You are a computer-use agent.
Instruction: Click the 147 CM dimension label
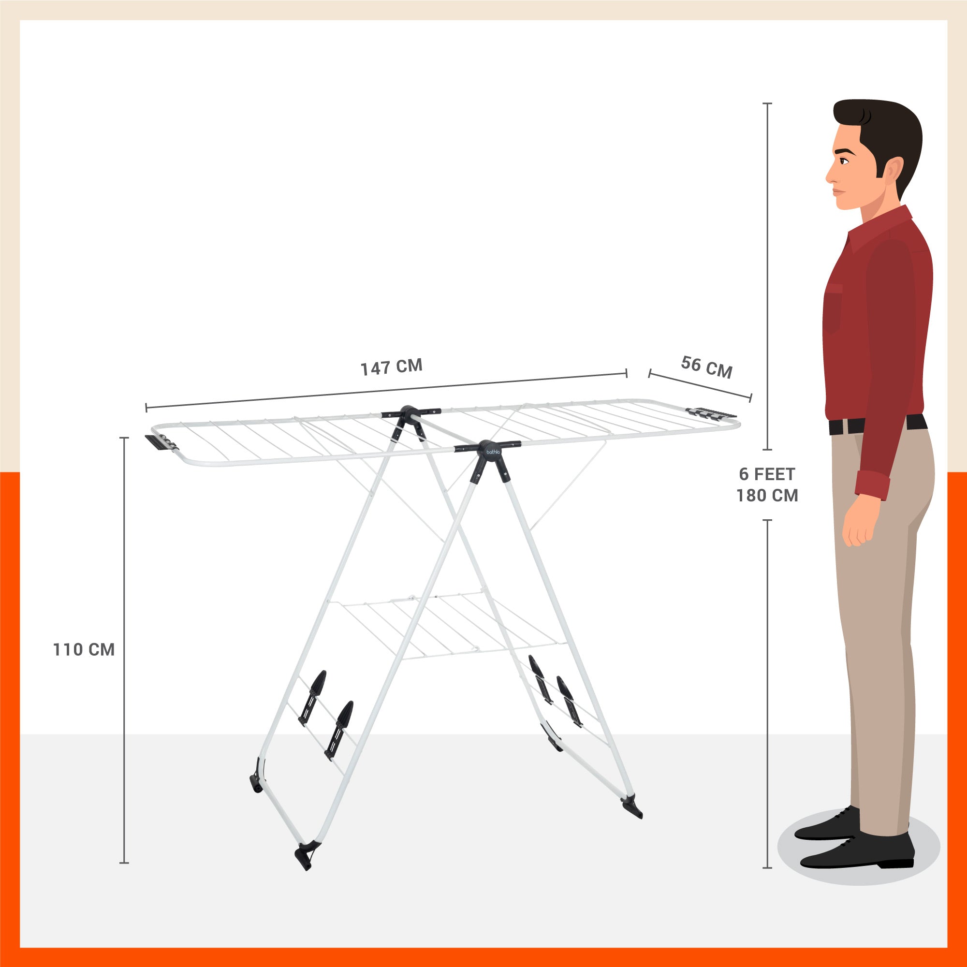pyautogui.click(x=392, y=367)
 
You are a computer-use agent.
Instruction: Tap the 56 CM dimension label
pyautogui.click(x=706, y=367)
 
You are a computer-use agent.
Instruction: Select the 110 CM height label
pyautogui.click(x=84, y=650)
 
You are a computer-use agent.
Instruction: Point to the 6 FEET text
pyautogui.click(x=767, y=474)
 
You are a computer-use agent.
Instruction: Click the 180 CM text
pyautogui.click(x=767, y=496)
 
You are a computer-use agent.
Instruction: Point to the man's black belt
pyautogui.click(x=878, y=424)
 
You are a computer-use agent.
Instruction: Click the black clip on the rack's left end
pyautogui.click(x=160, y=443)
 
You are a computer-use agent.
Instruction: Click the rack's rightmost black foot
pyautogui.click(x=632, y=807)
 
